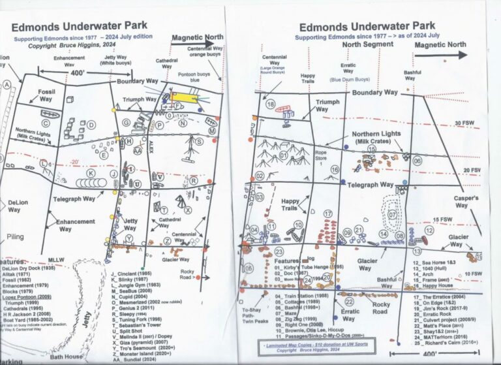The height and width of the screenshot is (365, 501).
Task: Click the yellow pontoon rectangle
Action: pos(183,98)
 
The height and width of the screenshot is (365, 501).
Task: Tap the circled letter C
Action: pos(46,122)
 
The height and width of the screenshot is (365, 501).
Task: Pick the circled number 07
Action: pos(392,213)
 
